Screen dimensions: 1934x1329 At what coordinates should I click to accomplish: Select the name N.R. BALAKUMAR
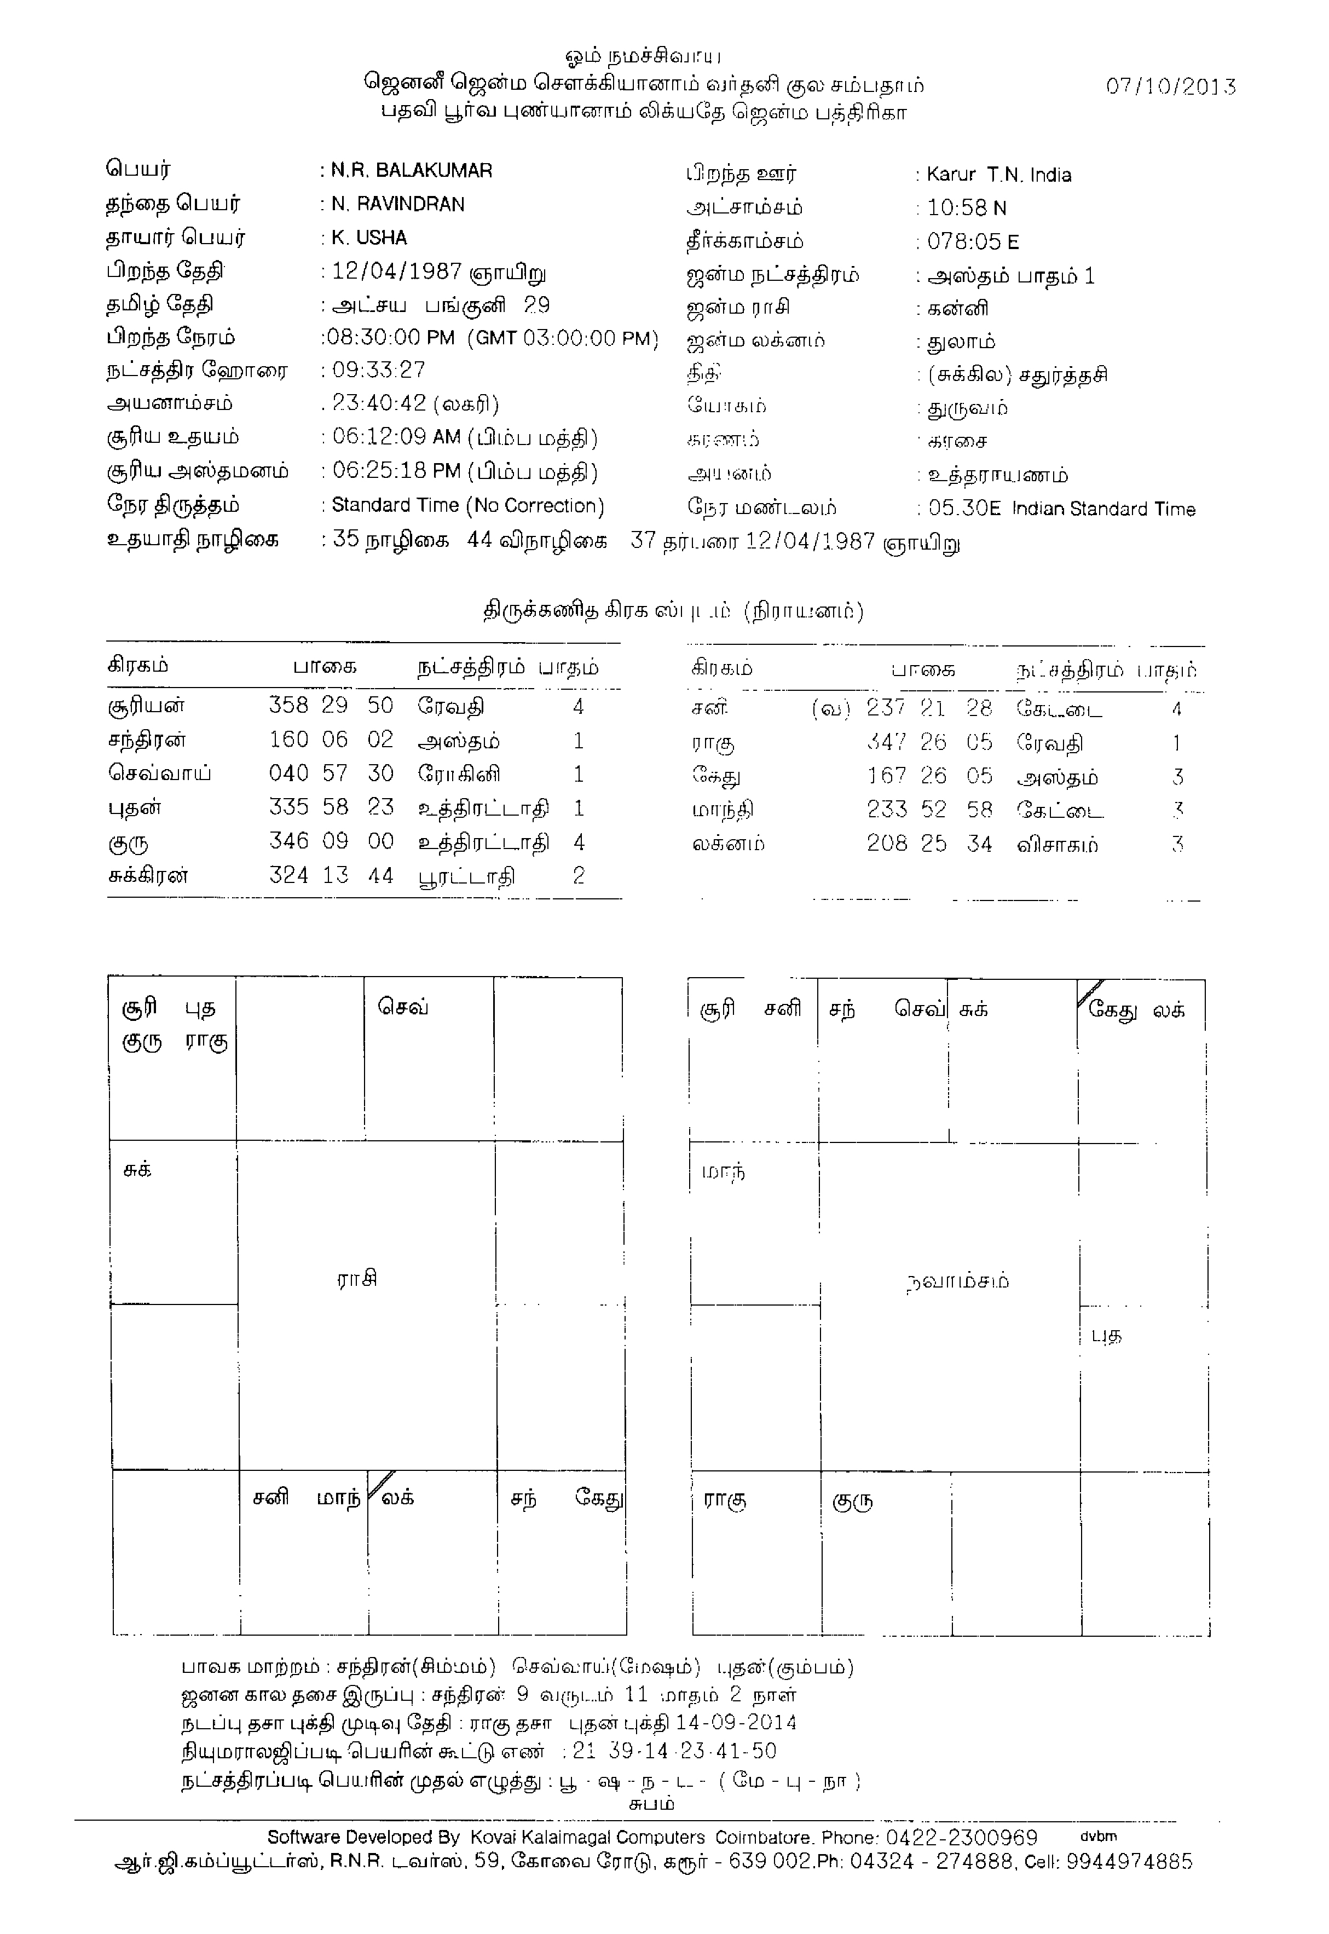click(412, 171)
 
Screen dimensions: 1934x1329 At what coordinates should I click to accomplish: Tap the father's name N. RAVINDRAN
click(398, 204)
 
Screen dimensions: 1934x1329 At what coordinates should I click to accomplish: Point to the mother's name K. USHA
click(369, 238)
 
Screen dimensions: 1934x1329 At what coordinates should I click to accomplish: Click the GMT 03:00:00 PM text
click(563, 338)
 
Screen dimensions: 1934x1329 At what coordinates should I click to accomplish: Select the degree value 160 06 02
click(331, 740)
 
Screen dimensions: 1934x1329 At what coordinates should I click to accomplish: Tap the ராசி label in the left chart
click(357, 1278)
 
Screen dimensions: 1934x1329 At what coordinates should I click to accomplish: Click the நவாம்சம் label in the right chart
click(957, 1280)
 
